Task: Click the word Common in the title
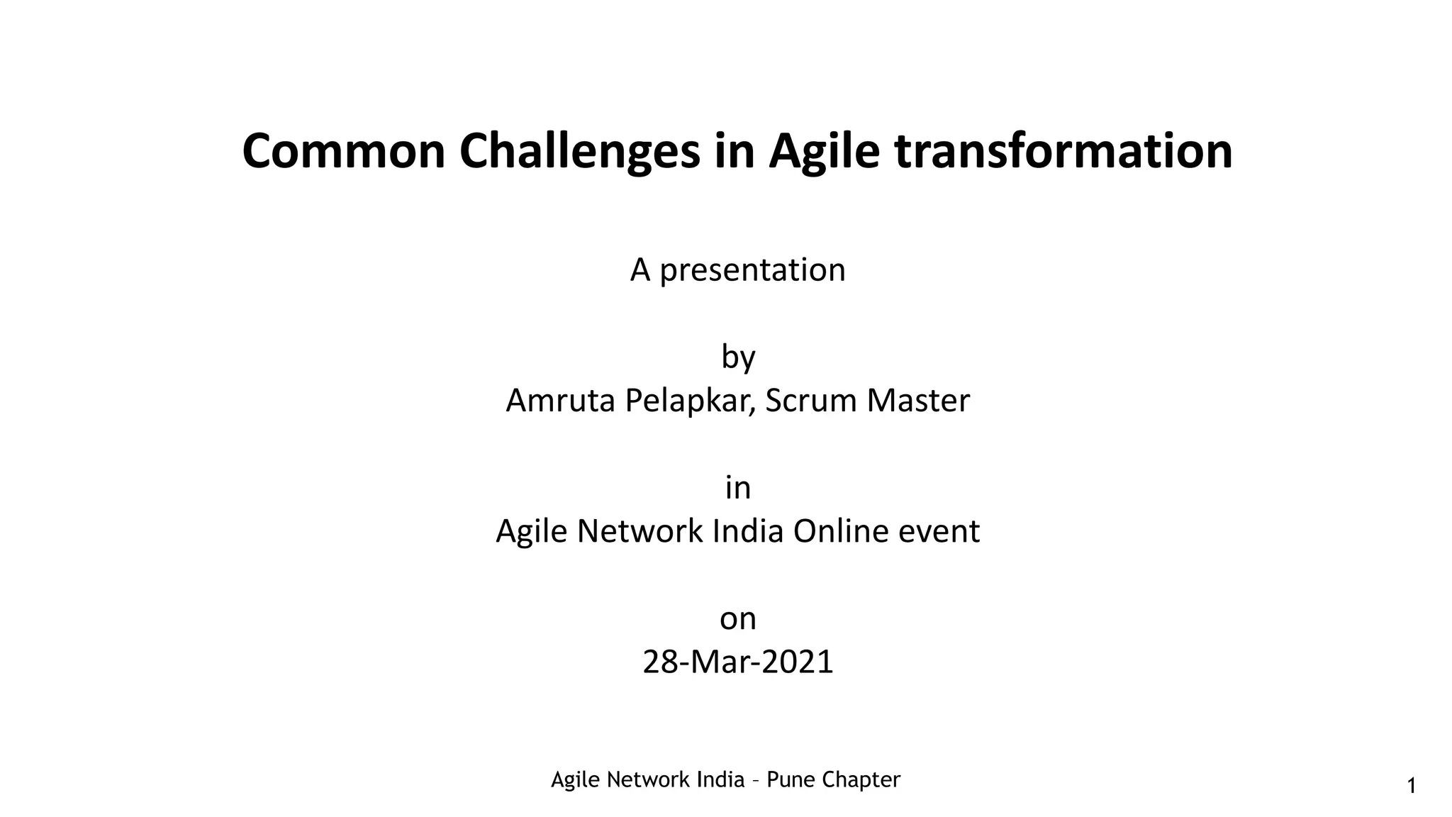[343, 151]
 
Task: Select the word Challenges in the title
[579, 151]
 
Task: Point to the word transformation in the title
[1063, 151]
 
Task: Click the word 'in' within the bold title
[734, 151]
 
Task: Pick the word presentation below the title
[752, 270]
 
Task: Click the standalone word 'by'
[738, 357]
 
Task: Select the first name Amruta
[560, 401]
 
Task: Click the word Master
[918, 401]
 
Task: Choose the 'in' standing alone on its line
[738, 488]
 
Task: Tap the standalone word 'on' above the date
[738, 619]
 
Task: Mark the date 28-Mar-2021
[738, 662]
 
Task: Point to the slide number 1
[1411, 786]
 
